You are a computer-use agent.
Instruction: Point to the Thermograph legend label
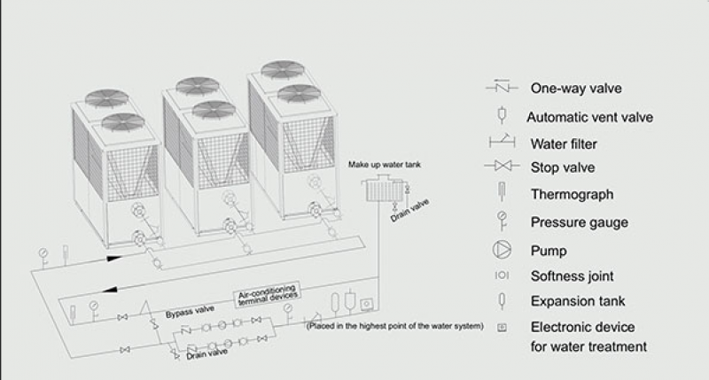pyautogui.click(x=572, y=194)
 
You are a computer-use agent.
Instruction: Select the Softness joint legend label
pyautogui.click(x=572, y=275)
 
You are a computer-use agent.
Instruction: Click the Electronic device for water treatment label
pyautogui.click(x=588, y=337)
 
